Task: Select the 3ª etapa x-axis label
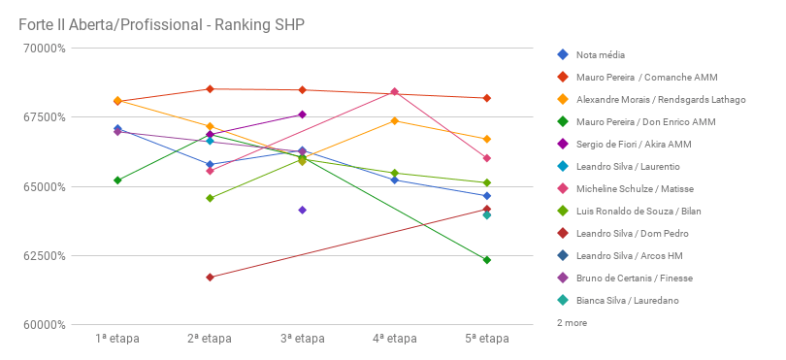tap(302, 339)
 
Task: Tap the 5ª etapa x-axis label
tap(486, 339)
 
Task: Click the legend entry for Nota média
tap(600, 54)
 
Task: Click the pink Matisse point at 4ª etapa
tap(395, 91)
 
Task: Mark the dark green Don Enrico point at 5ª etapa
tap(487, 260)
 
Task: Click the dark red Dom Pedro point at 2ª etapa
tap(210, 278)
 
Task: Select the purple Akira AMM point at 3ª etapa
tap(302, 115)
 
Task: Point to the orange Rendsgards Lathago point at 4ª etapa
tap(395, 120)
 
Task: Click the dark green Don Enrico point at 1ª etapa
tap(117, 180)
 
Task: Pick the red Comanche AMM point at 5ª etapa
tap(487, 98)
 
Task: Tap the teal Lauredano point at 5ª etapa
tap(487, 215)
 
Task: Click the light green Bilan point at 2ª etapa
tap(210, 198)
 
